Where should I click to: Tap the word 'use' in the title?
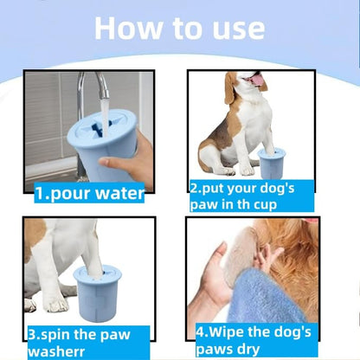tap(232, 27)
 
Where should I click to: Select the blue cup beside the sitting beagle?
tap(272, 164)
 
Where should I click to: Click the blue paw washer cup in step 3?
tap(96, 291)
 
